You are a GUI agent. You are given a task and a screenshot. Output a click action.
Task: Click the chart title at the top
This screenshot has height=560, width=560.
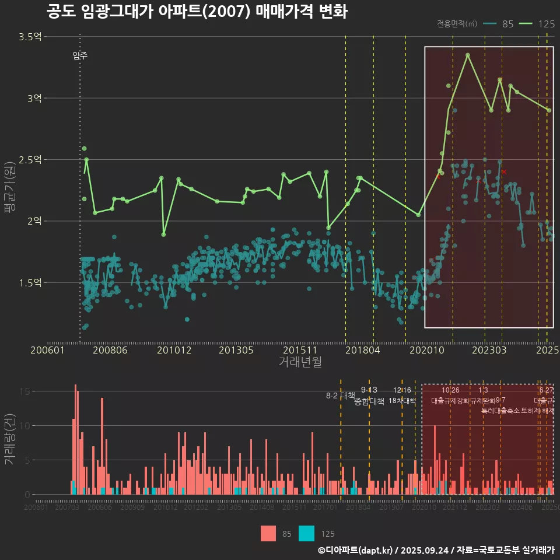click(x=197, y=12)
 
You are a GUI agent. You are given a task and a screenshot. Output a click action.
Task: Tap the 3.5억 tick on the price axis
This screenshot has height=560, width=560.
click(x=30, y=37)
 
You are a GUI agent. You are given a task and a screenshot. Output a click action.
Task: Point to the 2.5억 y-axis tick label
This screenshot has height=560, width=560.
click(x=30, y=159)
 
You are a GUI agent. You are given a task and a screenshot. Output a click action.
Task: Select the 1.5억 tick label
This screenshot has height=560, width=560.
click(x=30, y=282)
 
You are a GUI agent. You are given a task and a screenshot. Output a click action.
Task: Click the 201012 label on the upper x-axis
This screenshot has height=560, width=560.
click(x=174, y=350)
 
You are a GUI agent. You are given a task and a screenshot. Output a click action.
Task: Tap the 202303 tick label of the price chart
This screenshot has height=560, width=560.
click(x=488, y=350)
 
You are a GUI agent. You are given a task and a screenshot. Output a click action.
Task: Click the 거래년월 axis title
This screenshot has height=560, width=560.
click(x=300, y=362)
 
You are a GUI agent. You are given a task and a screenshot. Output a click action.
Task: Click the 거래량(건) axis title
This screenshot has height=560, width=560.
click(x=9, y=439)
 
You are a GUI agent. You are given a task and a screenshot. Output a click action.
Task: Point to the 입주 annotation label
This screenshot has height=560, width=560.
click(x=80, y=55)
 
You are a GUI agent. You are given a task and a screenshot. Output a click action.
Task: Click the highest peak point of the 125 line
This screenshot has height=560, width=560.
click(x=468, y=55)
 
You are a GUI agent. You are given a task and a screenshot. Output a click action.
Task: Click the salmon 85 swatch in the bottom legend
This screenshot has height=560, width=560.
click(x=268, y=533)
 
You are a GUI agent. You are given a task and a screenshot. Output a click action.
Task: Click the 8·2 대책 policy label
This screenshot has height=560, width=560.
click(x=340, y=395)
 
